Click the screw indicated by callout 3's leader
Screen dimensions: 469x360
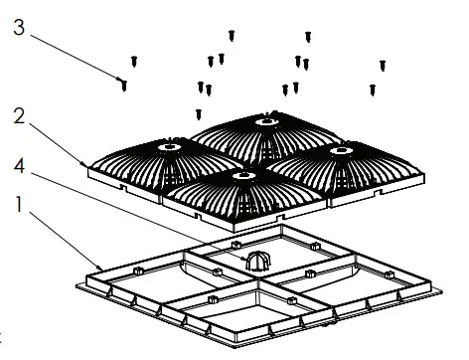coord(124,85)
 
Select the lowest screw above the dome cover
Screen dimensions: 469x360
coord(199,113)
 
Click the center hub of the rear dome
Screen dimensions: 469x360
coord(266,122)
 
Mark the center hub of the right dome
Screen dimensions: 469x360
coord(345,149)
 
